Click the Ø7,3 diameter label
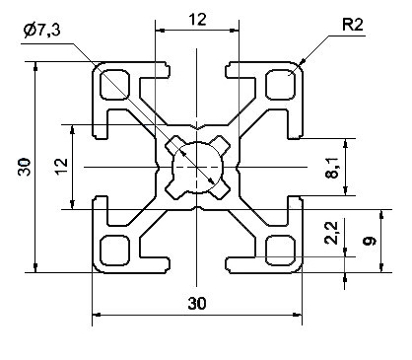coord(41,31)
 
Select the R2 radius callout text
coord(353,25)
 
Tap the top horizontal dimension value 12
coord(197,20)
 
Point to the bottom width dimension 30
coord(197,303)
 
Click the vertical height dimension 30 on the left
coord(25,167)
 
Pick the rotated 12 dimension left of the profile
coord(61,167)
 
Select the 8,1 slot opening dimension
coord(332,168)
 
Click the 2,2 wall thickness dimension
coord(331,233)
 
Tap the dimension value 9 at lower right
coord(370,241)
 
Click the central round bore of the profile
coord(197,167)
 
